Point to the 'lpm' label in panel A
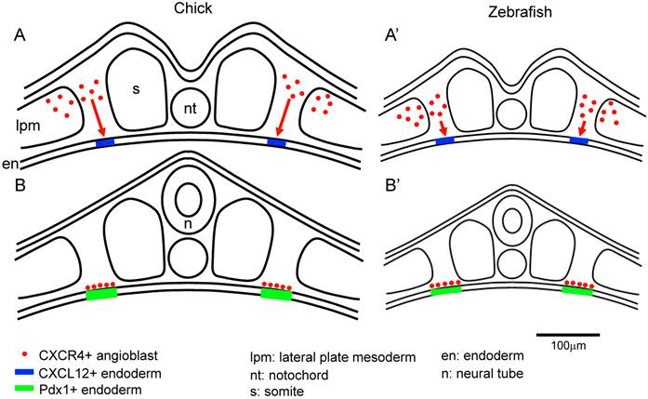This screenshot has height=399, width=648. (x=27, y=121)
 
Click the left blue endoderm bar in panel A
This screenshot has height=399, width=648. (x=106, y=142)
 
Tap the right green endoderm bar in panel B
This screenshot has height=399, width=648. (x=275, y=294)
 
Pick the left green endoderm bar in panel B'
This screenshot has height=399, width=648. (x=446, y=291)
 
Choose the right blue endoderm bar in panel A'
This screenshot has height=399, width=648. (x=578, y=140)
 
